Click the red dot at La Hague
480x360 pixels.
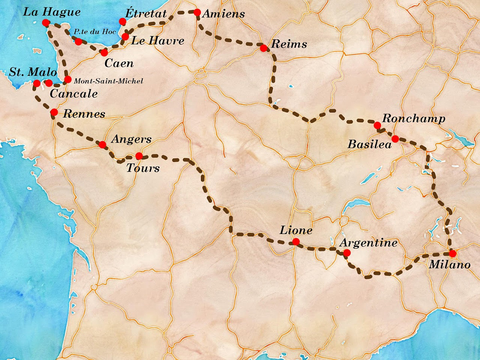[46, 23]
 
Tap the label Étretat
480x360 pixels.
[146, 13]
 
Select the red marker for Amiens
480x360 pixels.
[197, 12]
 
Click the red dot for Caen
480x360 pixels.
[104, 52]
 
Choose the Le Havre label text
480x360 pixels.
[158, 40]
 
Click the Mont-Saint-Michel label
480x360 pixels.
[108, 81]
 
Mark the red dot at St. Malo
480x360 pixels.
[36, 83]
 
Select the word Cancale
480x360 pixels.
[74, 94]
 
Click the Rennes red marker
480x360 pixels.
[54, 112]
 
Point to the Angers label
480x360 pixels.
[131, 139]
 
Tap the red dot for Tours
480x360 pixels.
[139, 156]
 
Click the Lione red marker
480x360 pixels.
[296, 242]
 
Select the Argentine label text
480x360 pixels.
[368, 243]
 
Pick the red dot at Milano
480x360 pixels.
[452, 253]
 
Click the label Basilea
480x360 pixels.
[369, 144]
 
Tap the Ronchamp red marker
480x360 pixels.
[377, 126]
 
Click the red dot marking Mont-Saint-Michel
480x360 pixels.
[68, 80]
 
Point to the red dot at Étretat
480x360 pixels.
[122, 22]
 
